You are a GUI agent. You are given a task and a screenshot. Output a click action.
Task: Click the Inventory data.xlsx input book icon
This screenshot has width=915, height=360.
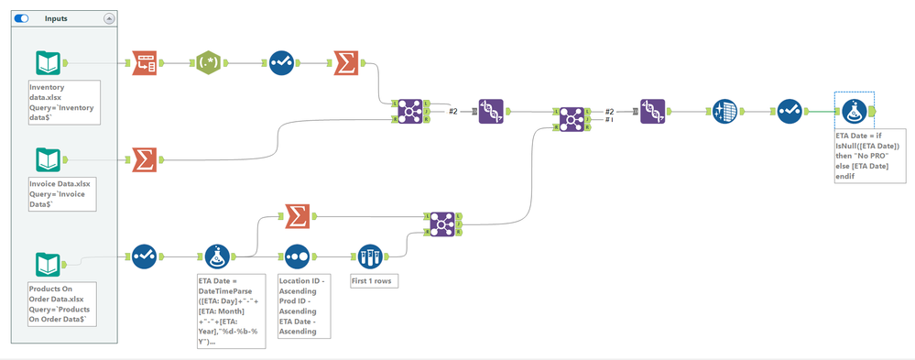point(49,63)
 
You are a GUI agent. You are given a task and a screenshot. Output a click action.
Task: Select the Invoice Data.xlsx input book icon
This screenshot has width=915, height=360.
point(49,159)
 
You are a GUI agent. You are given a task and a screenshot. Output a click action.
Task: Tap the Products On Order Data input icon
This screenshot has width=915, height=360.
point(49,265)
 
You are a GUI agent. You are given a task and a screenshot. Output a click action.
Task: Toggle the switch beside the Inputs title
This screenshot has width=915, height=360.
point(22,17)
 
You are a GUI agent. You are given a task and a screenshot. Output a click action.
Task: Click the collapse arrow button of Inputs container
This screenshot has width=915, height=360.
point(109,17)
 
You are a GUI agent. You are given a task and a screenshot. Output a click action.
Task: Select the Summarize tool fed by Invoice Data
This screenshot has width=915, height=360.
point(144,159)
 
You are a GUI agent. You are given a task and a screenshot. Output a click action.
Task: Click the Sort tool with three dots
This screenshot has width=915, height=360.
point(295,256)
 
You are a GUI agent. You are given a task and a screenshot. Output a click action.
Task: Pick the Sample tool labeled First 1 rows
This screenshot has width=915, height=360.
point(370,256)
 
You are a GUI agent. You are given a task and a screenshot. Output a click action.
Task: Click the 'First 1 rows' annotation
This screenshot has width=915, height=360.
point(375,280)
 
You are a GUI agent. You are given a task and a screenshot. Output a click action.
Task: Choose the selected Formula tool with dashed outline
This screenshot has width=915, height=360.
point(854,111)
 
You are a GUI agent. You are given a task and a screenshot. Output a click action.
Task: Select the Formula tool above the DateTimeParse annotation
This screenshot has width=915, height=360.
point(218,256)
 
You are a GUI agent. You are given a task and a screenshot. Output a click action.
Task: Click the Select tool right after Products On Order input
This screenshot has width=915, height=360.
point(144,256)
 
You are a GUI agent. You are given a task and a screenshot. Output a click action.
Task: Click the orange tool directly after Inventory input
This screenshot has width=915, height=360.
point(144,63)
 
